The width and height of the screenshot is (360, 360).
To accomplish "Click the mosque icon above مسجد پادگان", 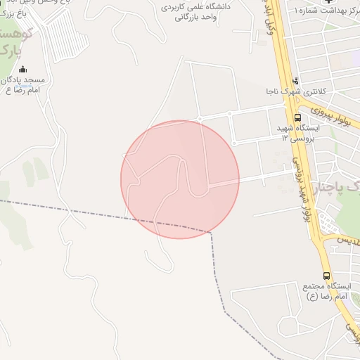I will (x=23, y=69).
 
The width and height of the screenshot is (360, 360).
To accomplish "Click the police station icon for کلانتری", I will (x=295, y=80).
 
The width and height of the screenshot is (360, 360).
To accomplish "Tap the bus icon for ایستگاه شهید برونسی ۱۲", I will (x=297, y=117).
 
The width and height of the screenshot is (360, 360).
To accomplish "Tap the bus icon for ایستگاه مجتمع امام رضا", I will (x=326, y=276).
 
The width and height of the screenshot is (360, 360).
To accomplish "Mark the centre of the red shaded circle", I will (x=180, y=179).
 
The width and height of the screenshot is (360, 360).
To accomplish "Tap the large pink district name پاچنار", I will (x=330, y=187).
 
